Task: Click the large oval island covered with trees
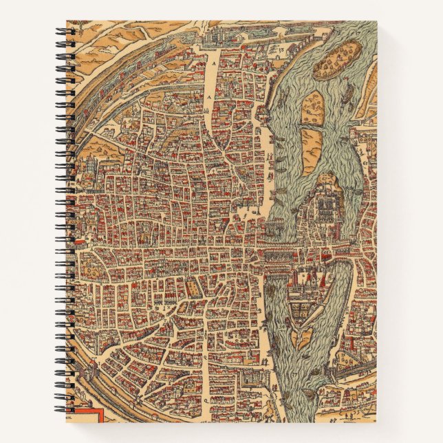[337, 59]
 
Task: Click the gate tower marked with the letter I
[84, 242]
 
